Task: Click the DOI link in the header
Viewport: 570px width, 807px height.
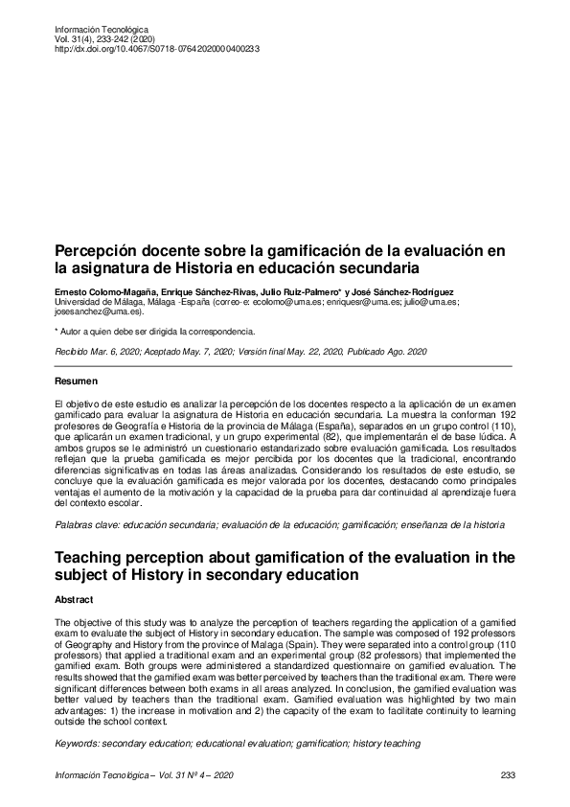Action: click(x=157, y=48)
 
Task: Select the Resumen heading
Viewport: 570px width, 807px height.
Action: click(x=78, y=381)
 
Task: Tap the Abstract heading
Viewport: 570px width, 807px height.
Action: click(x=76, y=599)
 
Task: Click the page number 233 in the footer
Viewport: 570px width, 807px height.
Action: click(x=508, y=774)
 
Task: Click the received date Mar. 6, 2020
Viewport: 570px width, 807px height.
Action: click(x=123, y=353)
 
